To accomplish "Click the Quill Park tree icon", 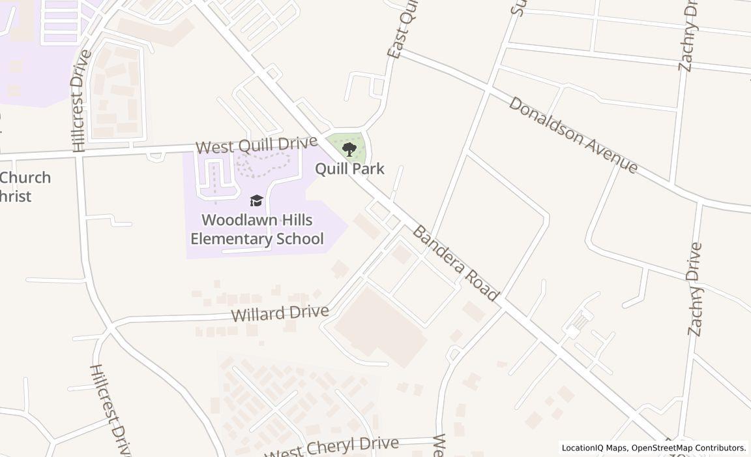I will coord(349,150).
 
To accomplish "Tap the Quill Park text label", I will coord(349,168).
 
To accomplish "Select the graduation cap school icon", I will coord(256,200).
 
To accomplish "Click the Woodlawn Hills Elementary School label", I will coord(257,229).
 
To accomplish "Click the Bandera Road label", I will coord(456,264).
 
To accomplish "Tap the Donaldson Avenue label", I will coord(573,135).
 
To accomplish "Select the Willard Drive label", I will coord(280,313).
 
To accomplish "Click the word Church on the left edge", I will coord(25,178).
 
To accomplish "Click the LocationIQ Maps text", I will coord(594,448).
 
